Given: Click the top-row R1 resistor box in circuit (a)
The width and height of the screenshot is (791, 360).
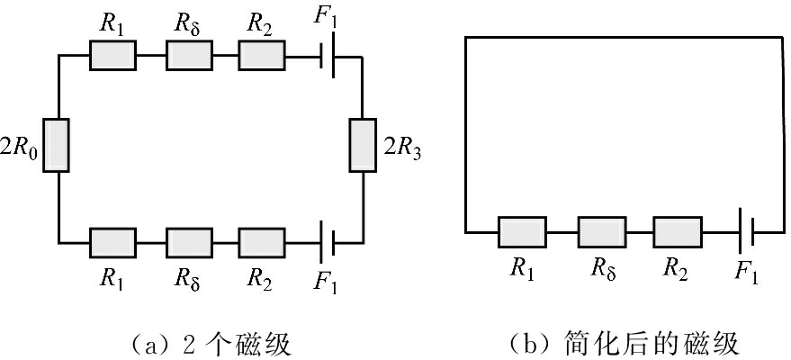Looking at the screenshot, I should pyautogui.click(x=112, y=57).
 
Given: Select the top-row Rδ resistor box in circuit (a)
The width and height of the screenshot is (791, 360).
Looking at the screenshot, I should pyautogui.click(x=188, y=57).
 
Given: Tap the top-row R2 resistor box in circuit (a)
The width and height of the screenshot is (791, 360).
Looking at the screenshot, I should pyautogui.click(x=261, y=57).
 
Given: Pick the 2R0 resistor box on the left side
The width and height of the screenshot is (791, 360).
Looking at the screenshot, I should pyautogui.click(x=57, y=145).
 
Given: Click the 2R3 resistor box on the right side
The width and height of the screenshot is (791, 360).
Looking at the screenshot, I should pyautogui.click(x=362, y=145).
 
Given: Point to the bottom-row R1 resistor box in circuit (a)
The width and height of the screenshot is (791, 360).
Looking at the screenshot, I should pyautogui.click(x=112, y=241).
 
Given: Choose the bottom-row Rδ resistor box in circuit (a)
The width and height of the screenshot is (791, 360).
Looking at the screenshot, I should pyautogui.click(x=188, y=241).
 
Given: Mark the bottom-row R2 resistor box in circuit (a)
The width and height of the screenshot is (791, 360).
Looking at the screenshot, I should pyautogui.click(x=261, y=241).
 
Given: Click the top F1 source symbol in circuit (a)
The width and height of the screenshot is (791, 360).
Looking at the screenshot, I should pyautogui.click(x=328, y=57).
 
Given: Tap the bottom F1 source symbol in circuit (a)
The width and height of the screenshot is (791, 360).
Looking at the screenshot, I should pyautogui.click(x=328, y=241).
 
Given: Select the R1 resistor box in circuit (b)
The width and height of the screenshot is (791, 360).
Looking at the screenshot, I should pyautogui.click(x=522, y=231).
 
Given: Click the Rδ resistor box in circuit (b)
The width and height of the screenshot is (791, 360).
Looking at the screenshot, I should pyautogui.click(x=601, y=231).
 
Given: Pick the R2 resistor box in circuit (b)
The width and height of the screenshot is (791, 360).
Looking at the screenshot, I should pyautogui.click(x=677, y=231).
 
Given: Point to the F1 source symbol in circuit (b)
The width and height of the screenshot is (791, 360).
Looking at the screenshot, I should pyautogui.click(x=744, y=231).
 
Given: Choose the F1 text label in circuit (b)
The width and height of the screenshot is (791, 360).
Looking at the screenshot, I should pyautogui.click(x=746, y=271).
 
